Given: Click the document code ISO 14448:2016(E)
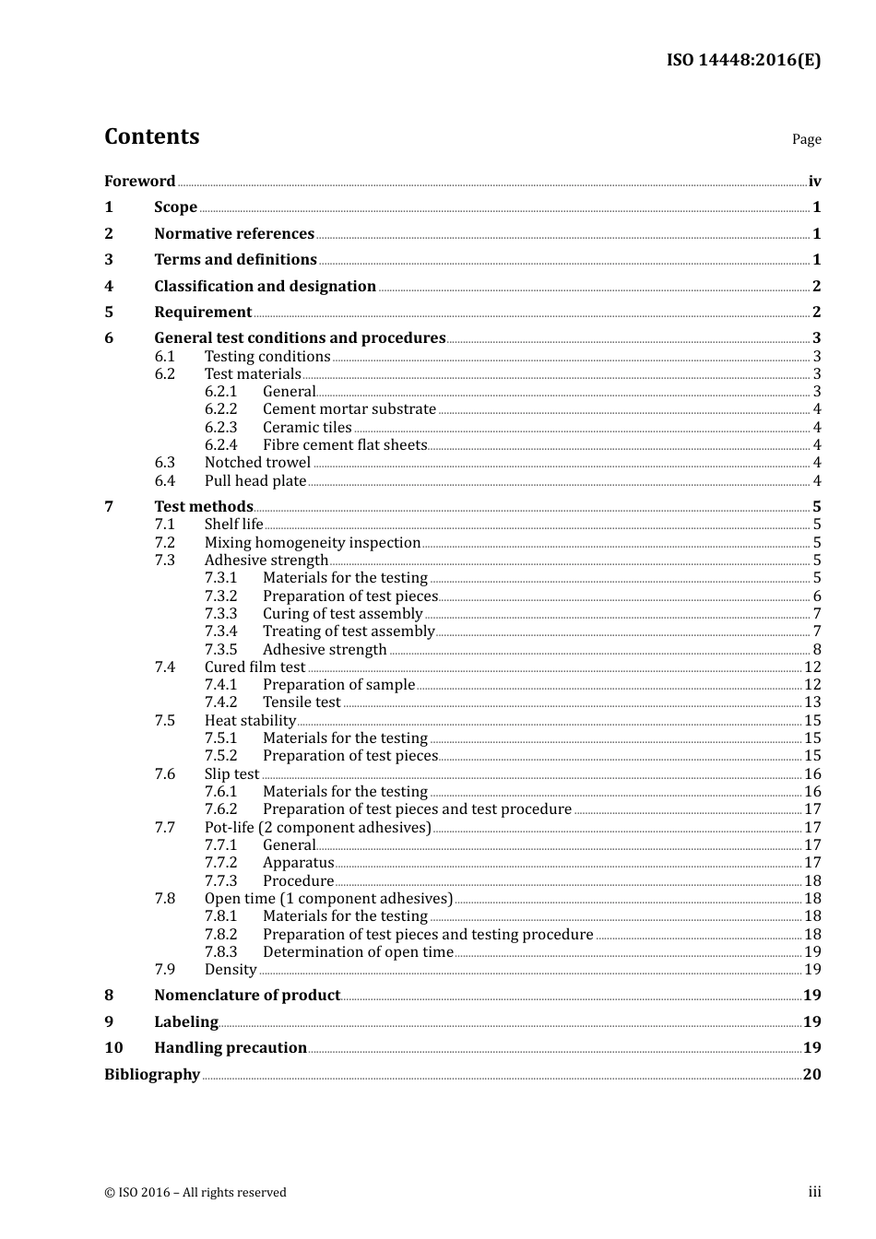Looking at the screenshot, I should pos(743,60).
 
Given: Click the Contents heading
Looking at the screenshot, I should pos(151,136).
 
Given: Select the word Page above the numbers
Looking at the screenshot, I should pos(806,139).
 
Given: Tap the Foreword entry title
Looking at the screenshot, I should pos(139,181).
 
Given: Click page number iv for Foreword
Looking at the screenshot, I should pos(814,182).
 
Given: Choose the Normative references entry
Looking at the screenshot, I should pos(234,233).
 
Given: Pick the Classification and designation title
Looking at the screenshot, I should pos(265,286).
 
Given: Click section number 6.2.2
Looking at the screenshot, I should pos(220,409).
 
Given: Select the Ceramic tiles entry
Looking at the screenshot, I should pos(307,428).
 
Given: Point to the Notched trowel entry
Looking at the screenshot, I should pos(257,463).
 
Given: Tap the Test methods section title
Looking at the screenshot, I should pos(203,506).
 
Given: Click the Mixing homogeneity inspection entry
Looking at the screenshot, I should pos(312,543).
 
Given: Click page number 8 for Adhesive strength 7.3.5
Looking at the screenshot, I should pos(817,650).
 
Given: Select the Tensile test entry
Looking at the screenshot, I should pos(302,702).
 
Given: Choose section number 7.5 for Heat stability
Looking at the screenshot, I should pos(164,721).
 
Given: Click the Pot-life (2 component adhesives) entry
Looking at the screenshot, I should pos(317,828).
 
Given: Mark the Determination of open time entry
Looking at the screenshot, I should pos(358,952).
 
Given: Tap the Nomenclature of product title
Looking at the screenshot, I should pos(247,995).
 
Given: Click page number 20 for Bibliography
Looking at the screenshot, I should pos(811,1074).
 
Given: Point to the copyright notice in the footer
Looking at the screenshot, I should pos(195,1192).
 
